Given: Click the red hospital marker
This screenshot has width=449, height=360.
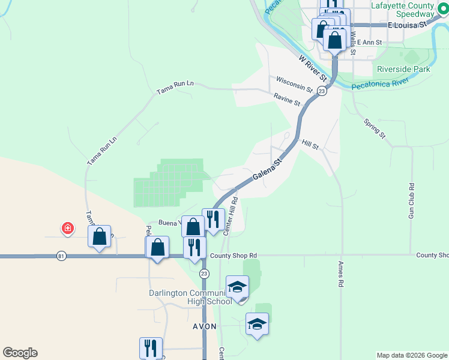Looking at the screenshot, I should pos(68,228).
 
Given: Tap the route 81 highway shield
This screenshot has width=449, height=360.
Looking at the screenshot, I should pos(61,256).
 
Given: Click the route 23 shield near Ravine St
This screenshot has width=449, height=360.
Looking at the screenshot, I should pos(322,91).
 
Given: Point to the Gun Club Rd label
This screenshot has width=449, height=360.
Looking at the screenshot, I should pos(411,200).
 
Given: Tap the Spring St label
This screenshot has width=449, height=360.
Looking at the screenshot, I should pos(375,129).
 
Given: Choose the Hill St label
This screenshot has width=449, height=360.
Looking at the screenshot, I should pos(310,145).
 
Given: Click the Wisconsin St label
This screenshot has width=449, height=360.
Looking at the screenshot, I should pos(294,85).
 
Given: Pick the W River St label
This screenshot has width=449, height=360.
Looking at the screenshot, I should pos(312,68).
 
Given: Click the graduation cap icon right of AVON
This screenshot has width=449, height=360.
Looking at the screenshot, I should pos(257,324).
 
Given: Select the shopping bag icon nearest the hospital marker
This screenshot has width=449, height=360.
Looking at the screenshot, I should pos(100,236).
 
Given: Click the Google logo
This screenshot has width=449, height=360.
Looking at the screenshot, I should pos(20,353).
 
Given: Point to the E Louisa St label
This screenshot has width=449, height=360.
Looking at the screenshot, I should pos(406,25).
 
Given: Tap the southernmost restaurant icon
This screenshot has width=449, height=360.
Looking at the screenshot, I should pos(151,348).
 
